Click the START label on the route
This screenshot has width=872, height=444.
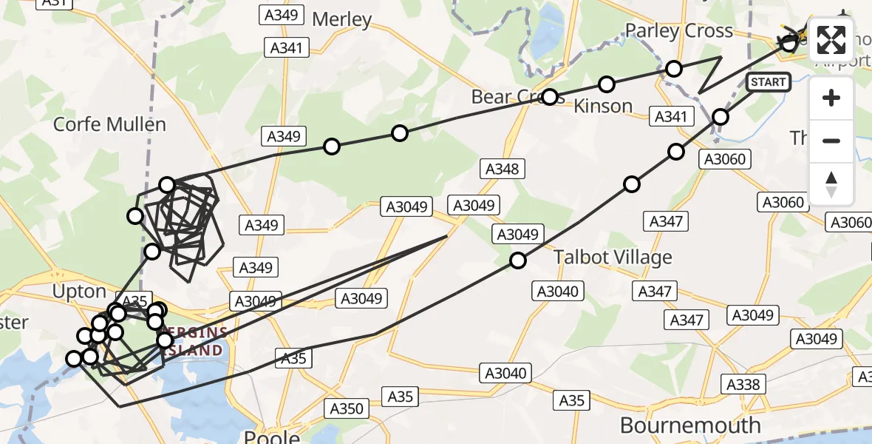coord(768,82)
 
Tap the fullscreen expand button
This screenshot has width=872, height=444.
coord(831,41)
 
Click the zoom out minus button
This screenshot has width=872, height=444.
coord(831,141)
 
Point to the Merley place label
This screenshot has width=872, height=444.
coord(341,18)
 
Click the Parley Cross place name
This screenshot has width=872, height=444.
coord(678,31)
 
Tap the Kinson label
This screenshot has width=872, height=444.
coord(603,106)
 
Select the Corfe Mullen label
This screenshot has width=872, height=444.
coord(109,124)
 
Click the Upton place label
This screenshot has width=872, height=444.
coord(80,292)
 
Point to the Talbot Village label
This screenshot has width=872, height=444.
coord(613,258)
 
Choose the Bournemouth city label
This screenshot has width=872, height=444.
coord(690,425)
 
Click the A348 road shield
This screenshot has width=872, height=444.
coord(502,169)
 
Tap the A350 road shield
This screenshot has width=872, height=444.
coord(347,408)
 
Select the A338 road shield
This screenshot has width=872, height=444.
coord(743,384)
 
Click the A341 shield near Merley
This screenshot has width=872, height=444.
coord(287,48)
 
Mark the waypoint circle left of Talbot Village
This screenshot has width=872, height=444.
coord(518,260)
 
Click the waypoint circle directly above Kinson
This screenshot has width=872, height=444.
coord(607,84)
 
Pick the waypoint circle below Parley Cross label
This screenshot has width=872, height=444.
coord(674,69)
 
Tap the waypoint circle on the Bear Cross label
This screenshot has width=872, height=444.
coord(550,97)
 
